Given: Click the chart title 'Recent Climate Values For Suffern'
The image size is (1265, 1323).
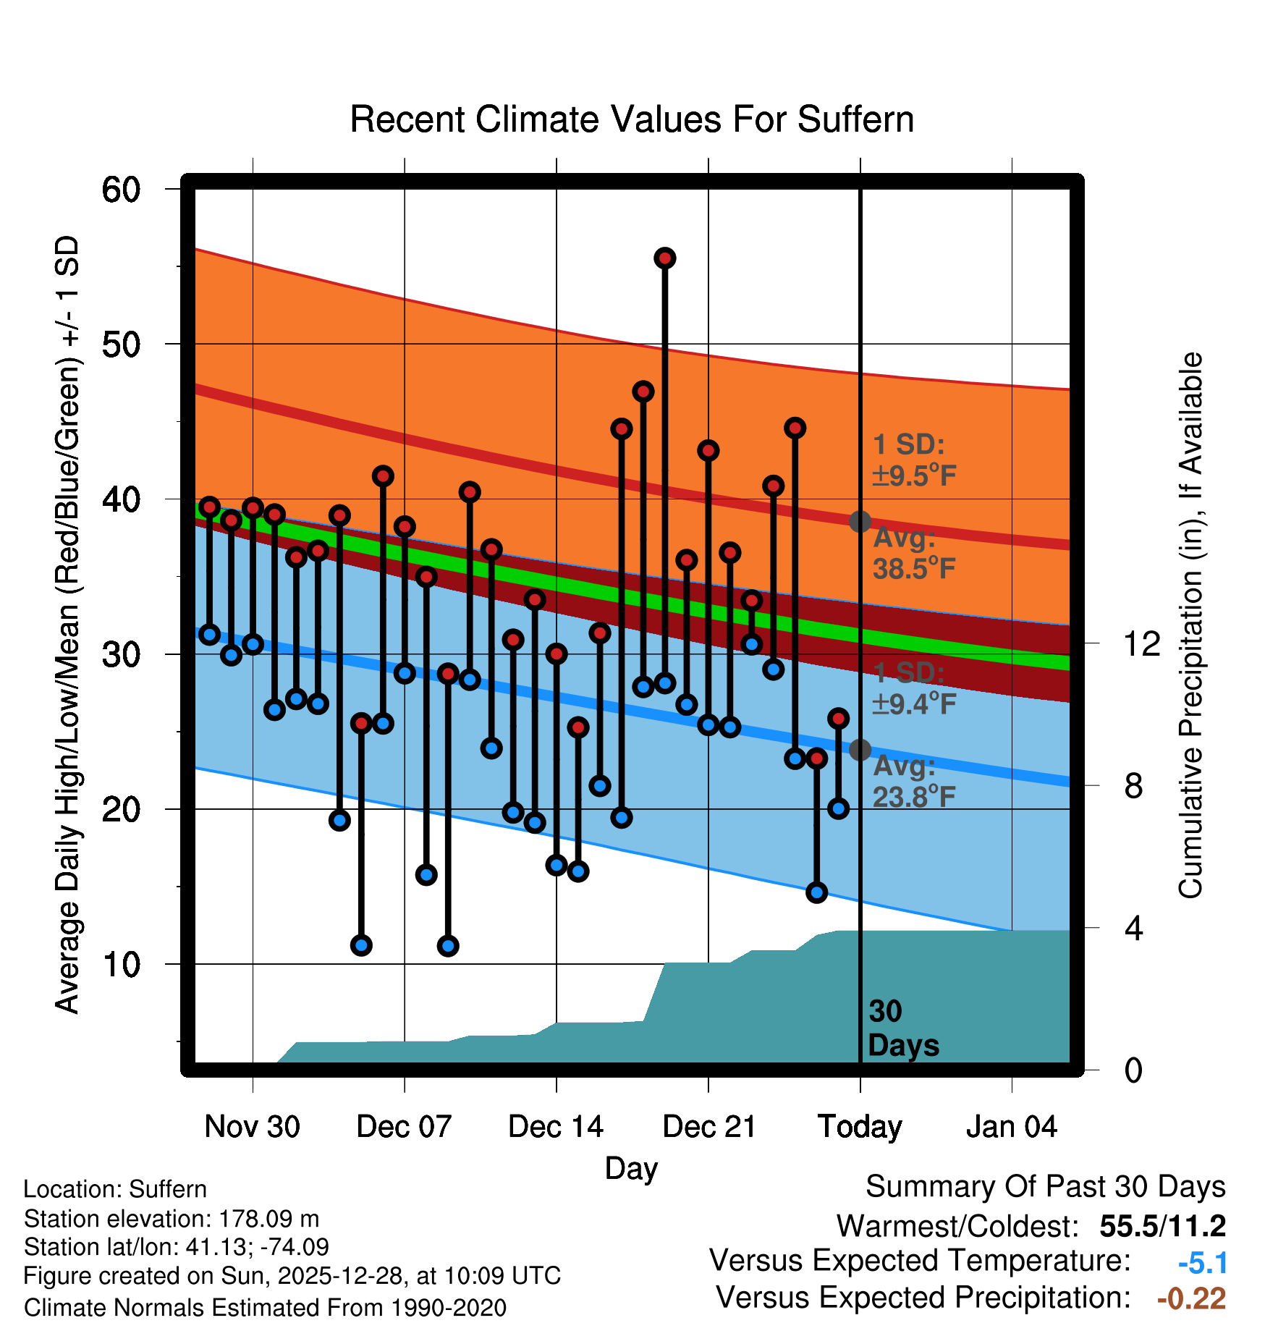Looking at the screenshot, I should pos(631,119).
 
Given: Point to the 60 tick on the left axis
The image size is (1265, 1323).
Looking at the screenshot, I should pos(121,190).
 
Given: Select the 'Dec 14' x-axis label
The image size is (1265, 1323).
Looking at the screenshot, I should pos(555,1127).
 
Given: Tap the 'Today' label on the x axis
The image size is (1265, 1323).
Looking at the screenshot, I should pos(860,1127).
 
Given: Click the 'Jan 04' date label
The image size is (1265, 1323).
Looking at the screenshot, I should pos(1011,1127).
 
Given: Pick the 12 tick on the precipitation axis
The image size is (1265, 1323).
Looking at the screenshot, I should pos(1141,643).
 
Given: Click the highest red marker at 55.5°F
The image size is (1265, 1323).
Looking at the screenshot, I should pos(664,258).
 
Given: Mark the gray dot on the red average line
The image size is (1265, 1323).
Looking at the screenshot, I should pos(860,521).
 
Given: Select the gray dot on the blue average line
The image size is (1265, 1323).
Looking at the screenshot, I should pos(860,750).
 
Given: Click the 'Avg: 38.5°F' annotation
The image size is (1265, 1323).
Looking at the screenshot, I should pos(913,554).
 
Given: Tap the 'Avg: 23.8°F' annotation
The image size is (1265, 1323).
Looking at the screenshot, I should pos(913,782).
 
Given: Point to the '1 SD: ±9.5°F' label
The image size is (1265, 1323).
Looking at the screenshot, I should pos(913,460).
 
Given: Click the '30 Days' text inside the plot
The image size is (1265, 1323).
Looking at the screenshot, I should pos(902,1028).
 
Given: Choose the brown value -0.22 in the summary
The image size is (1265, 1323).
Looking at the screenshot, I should pos(1191,1298).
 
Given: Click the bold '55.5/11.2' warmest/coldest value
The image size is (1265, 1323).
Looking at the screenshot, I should pos(1162,1226).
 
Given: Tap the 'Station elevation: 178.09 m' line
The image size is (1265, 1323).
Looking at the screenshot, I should pos(172,1219).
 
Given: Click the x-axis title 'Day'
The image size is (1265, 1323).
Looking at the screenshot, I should pos(631,1168).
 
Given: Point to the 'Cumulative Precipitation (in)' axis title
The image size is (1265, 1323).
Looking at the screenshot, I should pos(1190,626).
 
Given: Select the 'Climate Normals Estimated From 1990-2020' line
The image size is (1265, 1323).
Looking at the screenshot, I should pos(265,1307).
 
